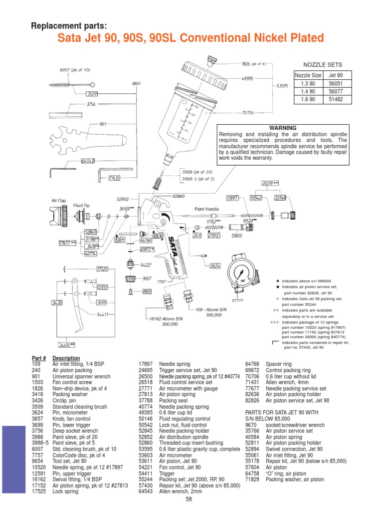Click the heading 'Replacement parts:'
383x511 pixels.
tap(69, 26)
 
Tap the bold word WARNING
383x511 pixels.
tap(283, 128)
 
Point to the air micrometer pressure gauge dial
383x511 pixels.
tap(240, 274)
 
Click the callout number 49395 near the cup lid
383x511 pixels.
tap(248, 78)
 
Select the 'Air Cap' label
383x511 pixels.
tap(59, 200)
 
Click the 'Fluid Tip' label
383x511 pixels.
tap(81, 205)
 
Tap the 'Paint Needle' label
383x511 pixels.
tap(204, 210)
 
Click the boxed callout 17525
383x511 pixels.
tap(102, 269)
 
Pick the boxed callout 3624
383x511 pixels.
tap(215, 265)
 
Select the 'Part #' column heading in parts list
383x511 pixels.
tap(38, 358)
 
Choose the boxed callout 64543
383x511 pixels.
tap(88, 161)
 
